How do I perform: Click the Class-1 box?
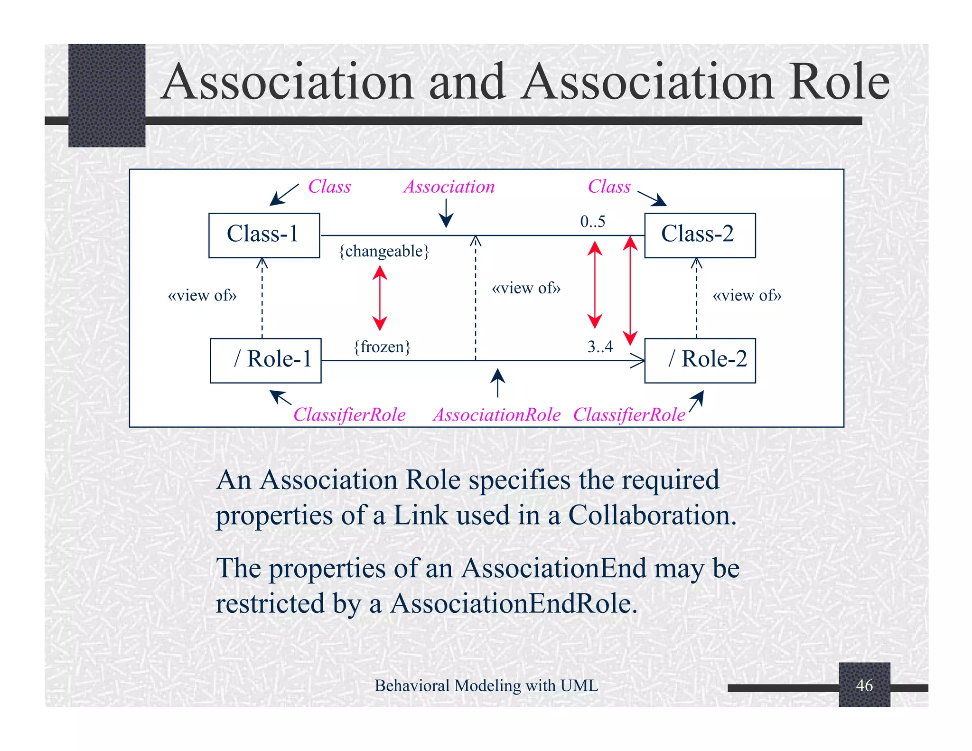point(264,235)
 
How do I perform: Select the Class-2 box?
point(700,235)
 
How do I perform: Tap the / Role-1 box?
point(265,360)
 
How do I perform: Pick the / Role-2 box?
point(700,360)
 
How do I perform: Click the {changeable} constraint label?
point(384,251)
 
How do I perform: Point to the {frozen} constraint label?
point(382,347)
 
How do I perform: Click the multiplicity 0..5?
point(593,222)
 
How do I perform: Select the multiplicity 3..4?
point(600,347)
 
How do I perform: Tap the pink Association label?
point(449,187)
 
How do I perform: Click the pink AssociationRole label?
point(497,415)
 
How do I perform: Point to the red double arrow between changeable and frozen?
point(380,298)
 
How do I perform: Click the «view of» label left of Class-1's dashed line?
point(202,296)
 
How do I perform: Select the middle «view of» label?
point(526,288)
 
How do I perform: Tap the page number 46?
point(864,685)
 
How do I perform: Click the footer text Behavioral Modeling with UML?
point(486,685)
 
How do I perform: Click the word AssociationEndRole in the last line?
point(514,604)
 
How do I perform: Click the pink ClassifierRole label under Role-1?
point(349,415)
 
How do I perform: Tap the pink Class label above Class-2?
point(609,187)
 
